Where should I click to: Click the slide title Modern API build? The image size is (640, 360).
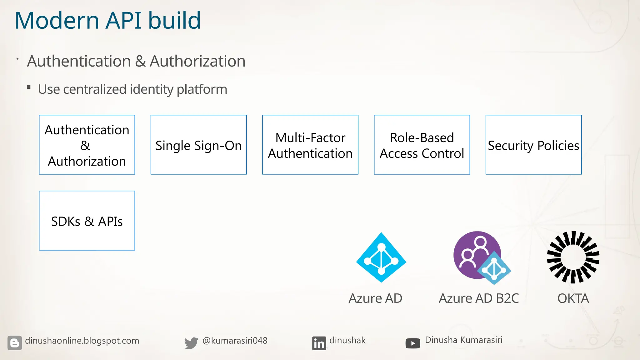[x=107, y=21]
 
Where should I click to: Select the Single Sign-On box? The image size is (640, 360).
[x=198, y=145]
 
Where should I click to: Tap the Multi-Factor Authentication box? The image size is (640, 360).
[x=310, y=145]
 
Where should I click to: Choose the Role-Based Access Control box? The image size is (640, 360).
[x=422, y=145]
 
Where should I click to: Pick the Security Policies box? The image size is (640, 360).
[x=533, y=145]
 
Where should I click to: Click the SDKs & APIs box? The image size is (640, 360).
[x=87, y=221]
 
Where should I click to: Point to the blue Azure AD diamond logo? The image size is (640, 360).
[x=381, y=257]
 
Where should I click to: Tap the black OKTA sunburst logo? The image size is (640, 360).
[x=573, y=257]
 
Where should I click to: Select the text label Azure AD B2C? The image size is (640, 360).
[x=478, y=298]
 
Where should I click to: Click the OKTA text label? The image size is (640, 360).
[x=573, y=298]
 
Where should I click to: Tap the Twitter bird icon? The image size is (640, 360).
[x=191, y=343]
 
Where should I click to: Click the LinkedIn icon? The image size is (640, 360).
[x=319, y=343]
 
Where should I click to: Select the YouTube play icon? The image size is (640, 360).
[x=412, y=343]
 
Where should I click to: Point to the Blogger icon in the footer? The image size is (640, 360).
[x=15, y=343]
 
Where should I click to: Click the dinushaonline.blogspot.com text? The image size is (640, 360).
[x=82, y=341]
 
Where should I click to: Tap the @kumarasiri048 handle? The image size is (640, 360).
[x=235, y=341]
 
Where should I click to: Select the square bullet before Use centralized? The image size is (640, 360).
[x=29, y=87]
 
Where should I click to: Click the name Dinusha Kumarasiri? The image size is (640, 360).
[x=463, y=340]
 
